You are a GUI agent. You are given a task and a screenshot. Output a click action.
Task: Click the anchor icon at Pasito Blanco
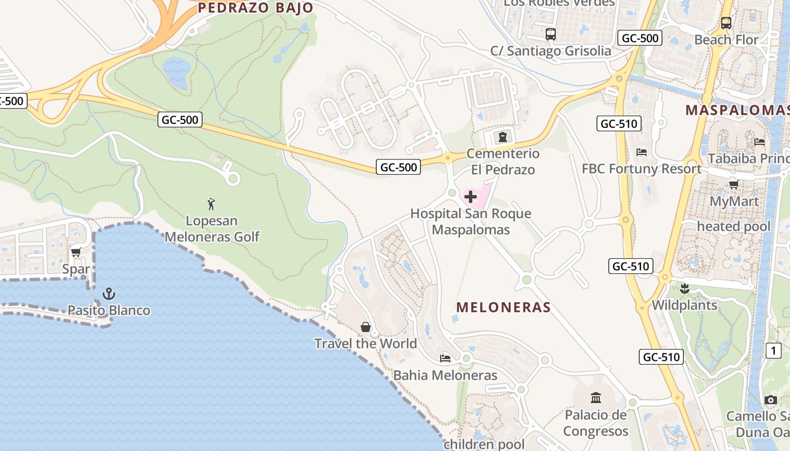coord(108,294)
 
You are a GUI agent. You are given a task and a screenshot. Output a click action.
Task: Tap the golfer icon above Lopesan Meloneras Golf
coord(212,204)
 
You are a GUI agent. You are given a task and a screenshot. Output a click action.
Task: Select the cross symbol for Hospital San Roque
coord(471,197)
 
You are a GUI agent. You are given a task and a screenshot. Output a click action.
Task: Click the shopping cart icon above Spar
coord(76,252)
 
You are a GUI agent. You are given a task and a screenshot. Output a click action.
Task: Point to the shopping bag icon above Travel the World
coord(366,327)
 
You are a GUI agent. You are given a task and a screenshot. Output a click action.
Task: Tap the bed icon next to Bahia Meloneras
coord(445,359)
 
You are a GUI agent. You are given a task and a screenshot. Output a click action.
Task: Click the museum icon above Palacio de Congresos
coord(595,398)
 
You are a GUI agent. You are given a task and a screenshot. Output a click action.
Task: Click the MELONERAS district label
coord(503,307)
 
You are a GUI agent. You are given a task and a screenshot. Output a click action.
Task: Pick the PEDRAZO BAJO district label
coord(255,8)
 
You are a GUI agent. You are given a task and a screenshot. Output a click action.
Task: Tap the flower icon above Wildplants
coord(684,289)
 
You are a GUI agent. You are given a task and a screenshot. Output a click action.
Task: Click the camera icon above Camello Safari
coord(771,400)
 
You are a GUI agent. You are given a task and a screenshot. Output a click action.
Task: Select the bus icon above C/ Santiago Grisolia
coord(551,34)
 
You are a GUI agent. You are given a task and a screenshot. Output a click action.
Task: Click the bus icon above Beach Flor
coord(726,23)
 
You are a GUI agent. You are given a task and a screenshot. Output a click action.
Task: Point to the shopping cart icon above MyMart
coord(734,184)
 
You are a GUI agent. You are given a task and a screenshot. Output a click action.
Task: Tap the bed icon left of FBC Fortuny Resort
coord(641,152)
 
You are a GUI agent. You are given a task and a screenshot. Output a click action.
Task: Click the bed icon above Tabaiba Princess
coord(760,142)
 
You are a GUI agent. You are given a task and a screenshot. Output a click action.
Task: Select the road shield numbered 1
coord(773,351)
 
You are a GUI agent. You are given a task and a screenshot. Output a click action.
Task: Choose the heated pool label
coord(734,227)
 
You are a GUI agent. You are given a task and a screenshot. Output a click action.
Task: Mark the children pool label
coord(484,444)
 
